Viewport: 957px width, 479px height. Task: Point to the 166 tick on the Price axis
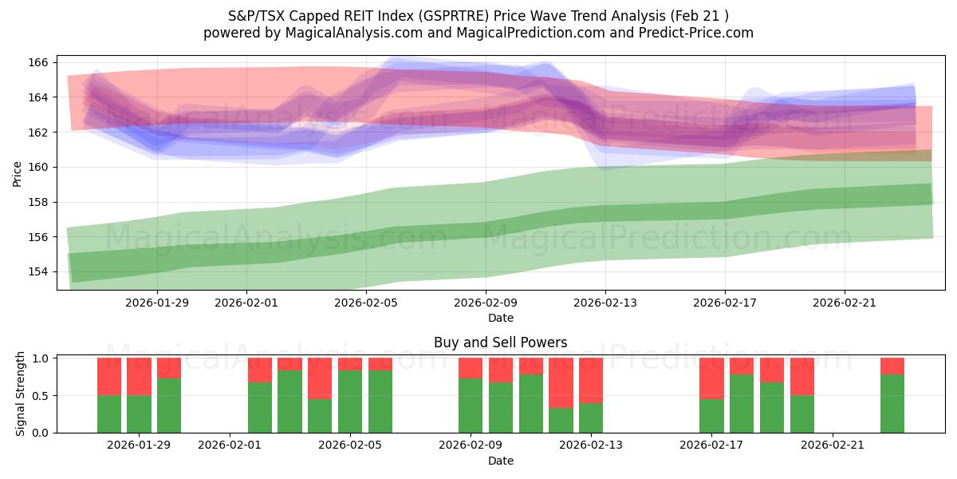pyautogui.click(x=41, y=62)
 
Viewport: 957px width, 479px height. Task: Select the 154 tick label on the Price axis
pyautogui.click(x=41, y=271)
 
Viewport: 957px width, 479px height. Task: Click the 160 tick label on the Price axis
pyautogui.click(x=41, y=167)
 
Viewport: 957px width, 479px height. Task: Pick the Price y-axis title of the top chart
pyautogui.click(x=18, y=174)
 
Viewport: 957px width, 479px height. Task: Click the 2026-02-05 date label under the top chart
pyautogui.click(x=365, y=303)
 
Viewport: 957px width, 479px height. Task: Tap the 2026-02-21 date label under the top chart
pyautogui.click(x=845, y=303)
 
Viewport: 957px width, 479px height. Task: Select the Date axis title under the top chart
pyautogui.click(x=500, y=318)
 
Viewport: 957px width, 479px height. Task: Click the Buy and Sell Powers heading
pyautogui.click(x=500, y=342)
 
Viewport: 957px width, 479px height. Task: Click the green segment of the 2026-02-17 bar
pyautogui.click(x=711, y=415)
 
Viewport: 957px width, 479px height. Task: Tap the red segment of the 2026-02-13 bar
pyautogui.click(x=591, y=380)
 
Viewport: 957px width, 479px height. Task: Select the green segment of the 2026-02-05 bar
pyautogui.click(x=350, y=401)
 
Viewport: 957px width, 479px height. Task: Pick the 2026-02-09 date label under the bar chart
pyautogui.click(x=471, y=445)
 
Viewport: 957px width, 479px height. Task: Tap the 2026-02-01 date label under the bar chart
pyautogui.click(x=230, y=445)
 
